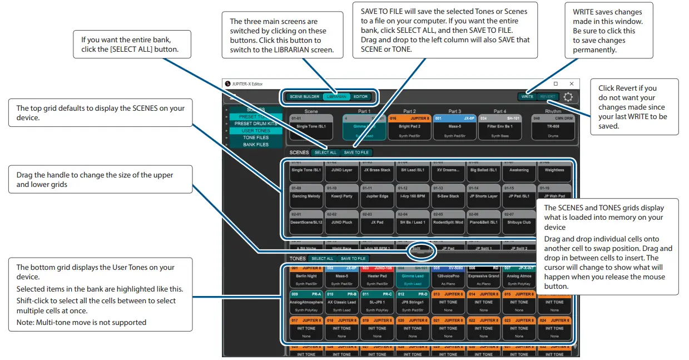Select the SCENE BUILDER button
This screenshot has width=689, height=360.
tap(304, 97)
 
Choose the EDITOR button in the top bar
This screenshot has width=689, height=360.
tap(361, 97)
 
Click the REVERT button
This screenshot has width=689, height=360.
tap(548, 97)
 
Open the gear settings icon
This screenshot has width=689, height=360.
tap(568, 97)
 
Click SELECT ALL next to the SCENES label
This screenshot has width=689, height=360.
tap(325, 152)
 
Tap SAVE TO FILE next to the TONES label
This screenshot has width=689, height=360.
tap(353, 259)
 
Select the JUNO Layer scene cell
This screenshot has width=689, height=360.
tap(341, 172)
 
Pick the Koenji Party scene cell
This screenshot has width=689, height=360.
tap(341, 198)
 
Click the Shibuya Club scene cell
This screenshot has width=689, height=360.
tap(518, 224)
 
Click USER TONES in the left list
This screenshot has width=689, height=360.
tap(255, 131)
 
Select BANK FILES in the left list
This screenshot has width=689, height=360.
tap(255, 145)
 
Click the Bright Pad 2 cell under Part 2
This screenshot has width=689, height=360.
tap(409, 127)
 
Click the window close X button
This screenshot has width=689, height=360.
tap(572, 83)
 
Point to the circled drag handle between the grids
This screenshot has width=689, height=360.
tap(422, 251)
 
